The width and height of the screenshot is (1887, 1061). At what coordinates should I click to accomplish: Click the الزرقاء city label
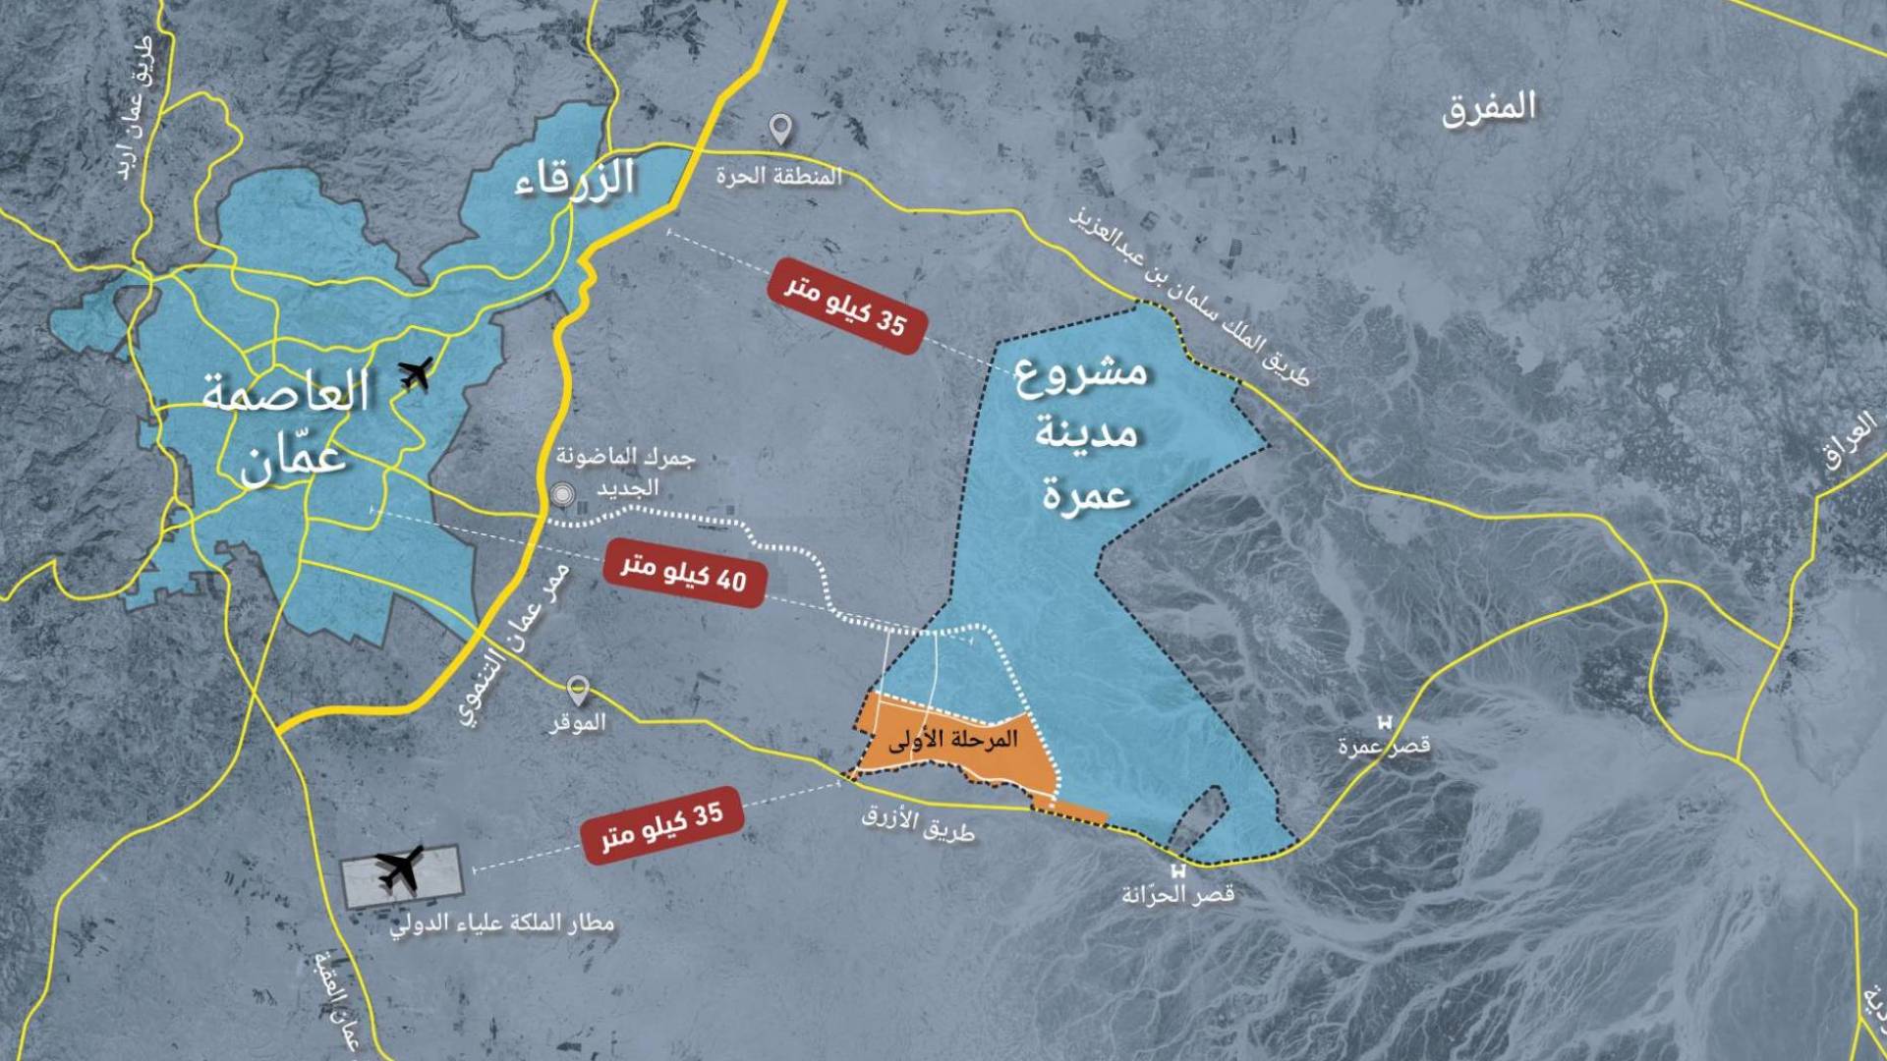pos(575,179)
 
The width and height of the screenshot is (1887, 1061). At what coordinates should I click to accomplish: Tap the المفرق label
pos(1488,106)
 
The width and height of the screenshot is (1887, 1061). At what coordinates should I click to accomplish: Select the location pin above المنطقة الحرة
pos(780,130)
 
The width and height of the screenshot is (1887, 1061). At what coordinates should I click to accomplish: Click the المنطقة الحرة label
pos(778,177)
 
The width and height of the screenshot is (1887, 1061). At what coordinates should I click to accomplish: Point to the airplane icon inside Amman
pos(417,373)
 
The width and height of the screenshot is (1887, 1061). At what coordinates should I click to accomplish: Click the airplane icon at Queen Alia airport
pos(399,868)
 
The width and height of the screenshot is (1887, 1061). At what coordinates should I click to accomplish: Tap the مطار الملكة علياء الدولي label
pos(502,923)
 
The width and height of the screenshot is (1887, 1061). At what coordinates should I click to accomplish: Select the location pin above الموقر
pos(579,691)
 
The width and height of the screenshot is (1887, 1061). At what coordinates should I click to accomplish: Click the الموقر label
pos(577,723)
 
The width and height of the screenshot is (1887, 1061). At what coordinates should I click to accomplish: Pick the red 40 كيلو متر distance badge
pos(684,573)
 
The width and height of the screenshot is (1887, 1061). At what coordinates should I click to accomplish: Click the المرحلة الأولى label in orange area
pos(952,740)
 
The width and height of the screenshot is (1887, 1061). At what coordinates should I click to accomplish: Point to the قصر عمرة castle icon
pos(1385,722)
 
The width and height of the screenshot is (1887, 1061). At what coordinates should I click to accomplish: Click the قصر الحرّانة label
pos(1177,895)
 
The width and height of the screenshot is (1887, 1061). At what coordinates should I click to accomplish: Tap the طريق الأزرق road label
pos(918,822)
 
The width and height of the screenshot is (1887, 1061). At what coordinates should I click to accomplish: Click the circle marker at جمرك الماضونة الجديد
pos(562,495)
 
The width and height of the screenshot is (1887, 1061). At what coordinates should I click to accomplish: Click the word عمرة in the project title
pos(1087,492)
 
